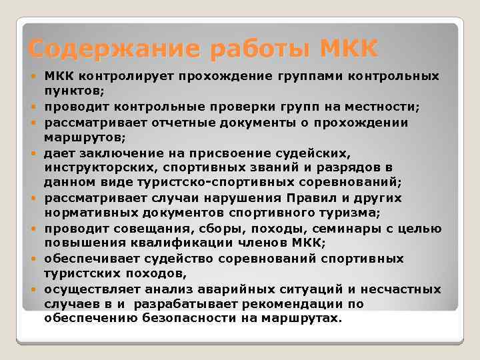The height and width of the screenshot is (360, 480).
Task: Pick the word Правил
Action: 313,198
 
